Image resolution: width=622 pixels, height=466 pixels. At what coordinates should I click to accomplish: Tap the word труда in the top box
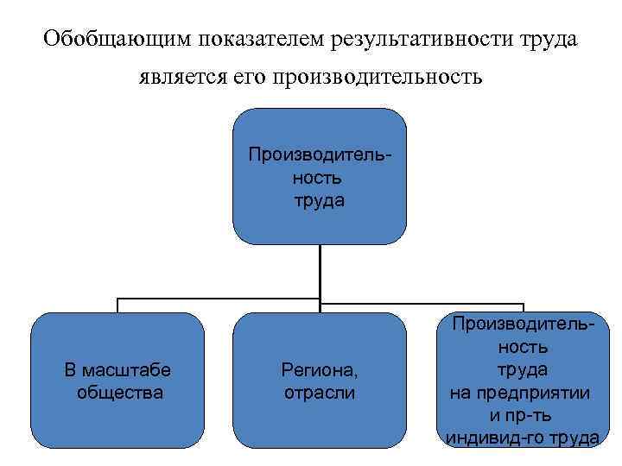click(319, 200)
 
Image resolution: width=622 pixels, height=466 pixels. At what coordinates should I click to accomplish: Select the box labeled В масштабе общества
click(117, 380)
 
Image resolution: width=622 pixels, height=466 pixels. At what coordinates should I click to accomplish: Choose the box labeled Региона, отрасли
click(319, 380)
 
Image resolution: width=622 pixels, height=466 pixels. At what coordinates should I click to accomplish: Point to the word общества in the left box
click(118, 393)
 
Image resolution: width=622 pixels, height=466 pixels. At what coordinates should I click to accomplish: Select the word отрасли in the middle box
click(319, 393)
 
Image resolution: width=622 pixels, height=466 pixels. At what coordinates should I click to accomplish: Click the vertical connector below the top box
click(320, 272)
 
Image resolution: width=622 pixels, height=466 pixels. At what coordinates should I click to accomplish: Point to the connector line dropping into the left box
click(117, 305)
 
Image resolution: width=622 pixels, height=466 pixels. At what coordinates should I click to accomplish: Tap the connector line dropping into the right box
click(523, 307)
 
